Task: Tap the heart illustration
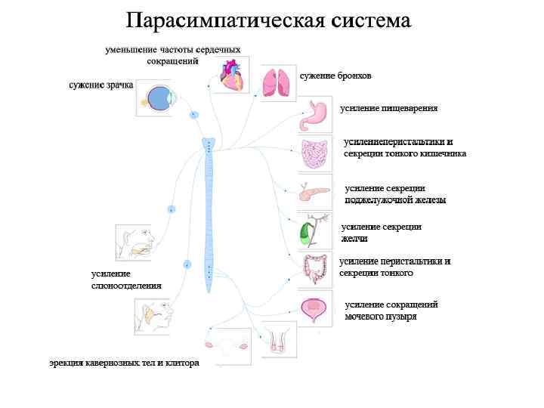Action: (229, 75)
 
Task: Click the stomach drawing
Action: (315, 116)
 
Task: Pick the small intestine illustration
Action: (315, 154)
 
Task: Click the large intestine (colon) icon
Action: (314, 268)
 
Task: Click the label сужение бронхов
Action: (335, 76)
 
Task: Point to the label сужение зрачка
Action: (101, 85)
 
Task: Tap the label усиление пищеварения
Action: (388, 109)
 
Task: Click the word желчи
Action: (354, 238)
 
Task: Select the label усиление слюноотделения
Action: (126, 280)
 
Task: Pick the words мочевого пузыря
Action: (381, 317)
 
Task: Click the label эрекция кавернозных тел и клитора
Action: (125, 363)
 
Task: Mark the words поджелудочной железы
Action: (395, 200)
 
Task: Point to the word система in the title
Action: (370, 20)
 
